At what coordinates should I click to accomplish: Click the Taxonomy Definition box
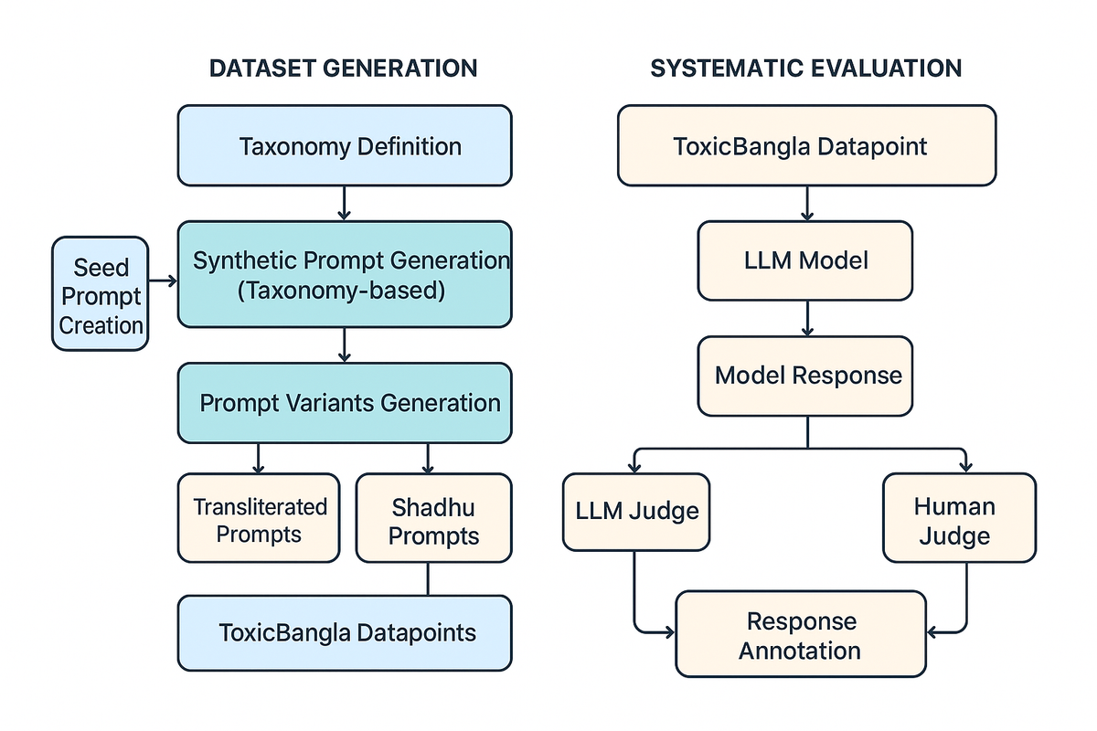[x=345, y=145]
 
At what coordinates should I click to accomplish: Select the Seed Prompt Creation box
[x=101, y=294]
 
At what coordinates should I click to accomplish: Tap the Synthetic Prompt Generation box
[x=345, y=274]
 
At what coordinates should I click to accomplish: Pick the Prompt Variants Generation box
[x=345, y=403]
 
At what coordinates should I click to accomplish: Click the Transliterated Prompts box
[x=259, y=518]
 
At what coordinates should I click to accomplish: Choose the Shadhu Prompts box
[x=434, y=518]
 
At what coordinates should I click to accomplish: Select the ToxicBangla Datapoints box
[x=345, y=633]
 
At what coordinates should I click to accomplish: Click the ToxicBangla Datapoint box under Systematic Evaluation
[x=807, y=145]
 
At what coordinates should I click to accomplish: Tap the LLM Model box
[x=805, y=260]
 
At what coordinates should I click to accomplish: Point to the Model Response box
[x=805, y=376]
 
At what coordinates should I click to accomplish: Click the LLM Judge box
[x=636, y=512]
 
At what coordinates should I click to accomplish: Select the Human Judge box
[x=959, y=518]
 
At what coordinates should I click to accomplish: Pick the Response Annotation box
[x=801, y=634]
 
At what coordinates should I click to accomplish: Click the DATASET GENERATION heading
[x=344, y=68]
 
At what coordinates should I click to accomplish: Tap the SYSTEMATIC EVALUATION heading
[x=806, y=68]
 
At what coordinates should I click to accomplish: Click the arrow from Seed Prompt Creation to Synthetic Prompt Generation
[x=163, y=281]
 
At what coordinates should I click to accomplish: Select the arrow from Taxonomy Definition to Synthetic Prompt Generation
[x=345, y=203]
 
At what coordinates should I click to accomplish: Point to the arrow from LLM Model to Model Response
[x=807, y=318]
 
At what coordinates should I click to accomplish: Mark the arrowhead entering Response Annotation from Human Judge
[x=932, y=632]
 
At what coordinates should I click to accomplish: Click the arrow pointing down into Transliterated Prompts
[x=258, y=459]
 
